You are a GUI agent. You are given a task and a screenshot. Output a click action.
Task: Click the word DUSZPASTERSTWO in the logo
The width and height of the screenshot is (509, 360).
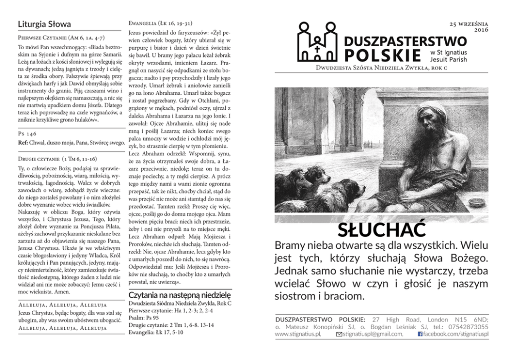[x=405, y=41]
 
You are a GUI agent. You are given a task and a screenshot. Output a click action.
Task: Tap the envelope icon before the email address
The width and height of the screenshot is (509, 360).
[x=339, y=334]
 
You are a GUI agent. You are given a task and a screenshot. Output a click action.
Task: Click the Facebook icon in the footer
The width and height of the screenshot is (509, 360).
[x=420, y=334]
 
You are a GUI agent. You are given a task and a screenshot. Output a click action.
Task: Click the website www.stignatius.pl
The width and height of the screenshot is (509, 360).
[x=298, y=334]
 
